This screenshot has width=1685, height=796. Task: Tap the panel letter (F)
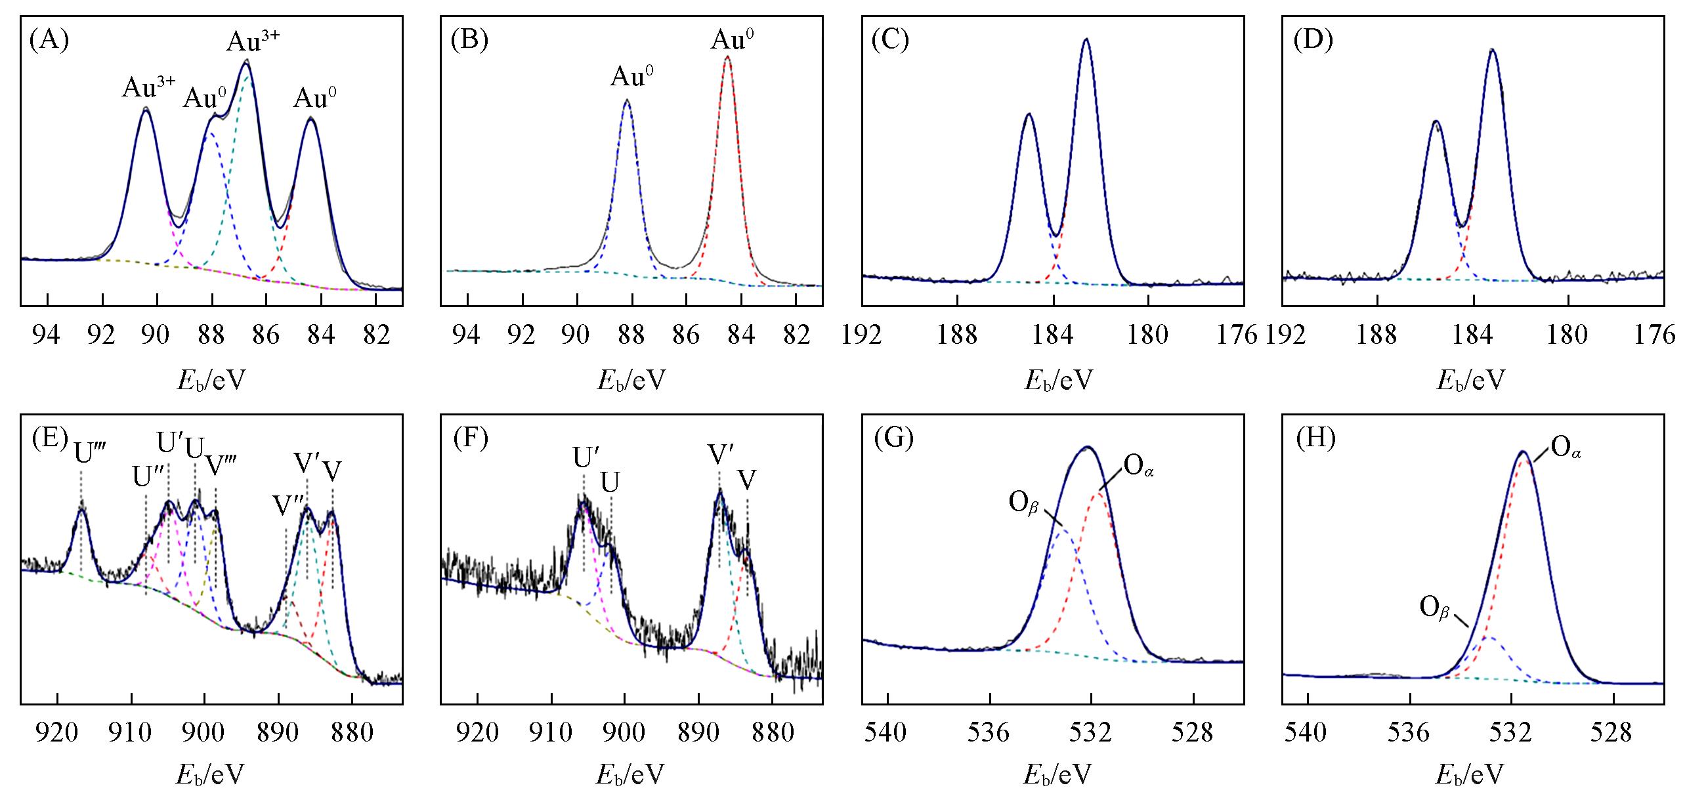[x=471, y=439]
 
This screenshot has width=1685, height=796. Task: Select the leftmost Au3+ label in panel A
[x=148, y=87]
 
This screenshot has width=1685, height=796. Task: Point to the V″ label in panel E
[x=288, y=506]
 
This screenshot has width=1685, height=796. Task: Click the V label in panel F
[x=747, y=480]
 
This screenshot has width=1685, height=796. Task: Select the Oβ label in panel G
[x=1023, y=505]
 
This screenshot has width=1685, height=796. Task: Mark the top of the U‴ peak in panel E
[x=82, y=506]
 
